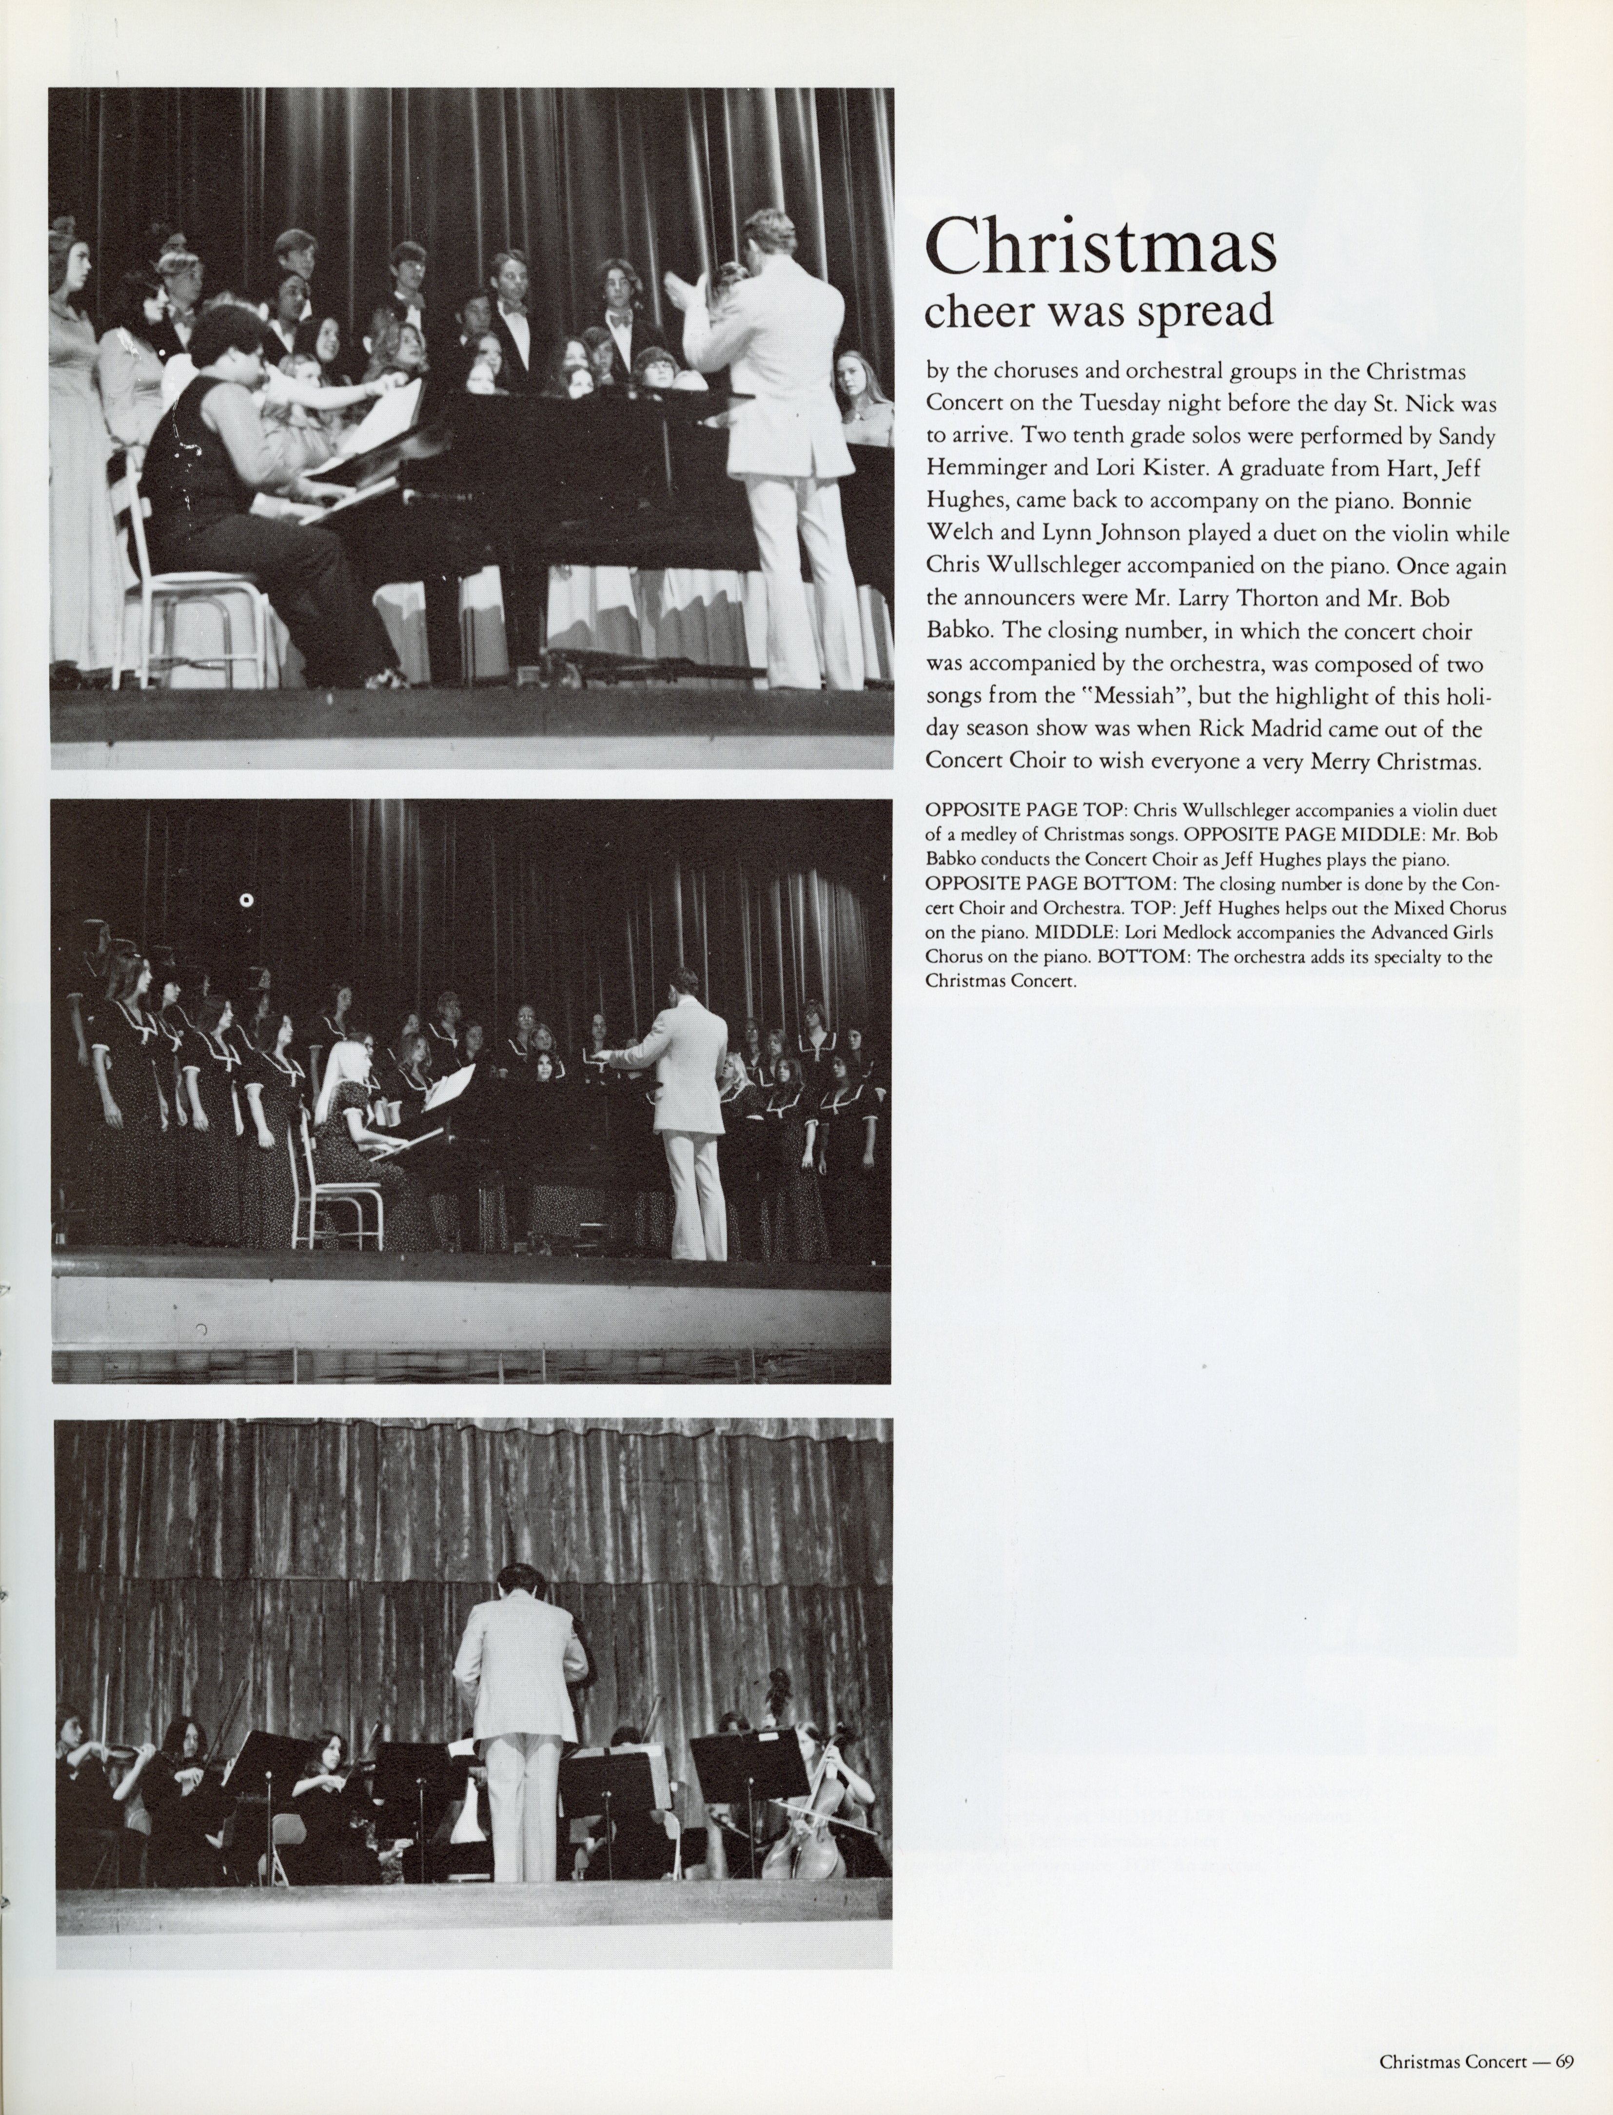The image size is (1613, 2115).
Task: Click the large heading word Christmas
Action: pos(1101,246)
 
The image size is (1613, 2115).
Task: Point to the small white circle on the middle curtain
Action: pos(247,901)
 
